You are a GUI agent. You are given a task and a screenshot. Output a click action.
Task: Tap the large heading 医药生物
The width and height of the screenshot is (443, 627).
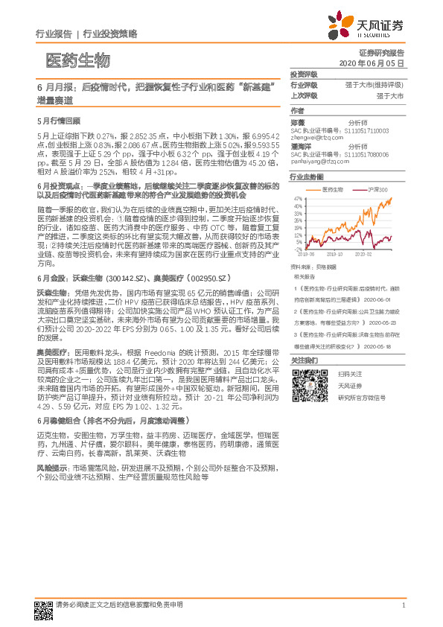77,60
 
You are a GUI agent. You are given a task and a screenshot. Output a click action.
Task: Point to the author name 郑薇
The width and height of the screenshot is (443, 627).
297,121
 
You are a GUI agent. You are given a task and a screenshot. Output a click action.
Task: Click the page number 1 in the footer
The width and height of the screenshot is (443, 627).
403,605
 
